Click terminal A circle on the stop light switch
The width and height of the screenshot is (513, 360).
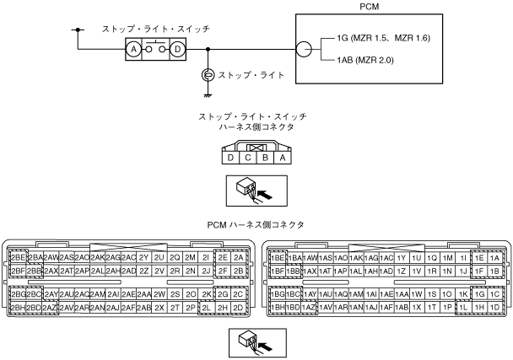pos(133,50)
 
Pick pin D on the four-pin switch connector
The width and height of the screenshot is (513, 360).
pos(229,157)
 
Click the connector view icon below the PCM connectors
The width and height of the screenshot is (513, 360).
pos(256,340)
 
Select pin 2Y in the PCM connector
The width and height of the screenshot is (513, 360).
pos(144,256)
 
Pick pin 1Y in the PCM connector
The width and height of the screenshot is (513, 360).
pos(402,256)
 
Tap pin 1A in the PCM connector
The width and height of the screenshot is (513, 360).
pos(495,256)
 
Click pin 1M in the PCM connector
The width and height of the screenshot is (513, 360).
pos(448,256)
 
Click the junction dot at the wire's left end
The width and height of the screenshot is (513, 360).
pos(78,32)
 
